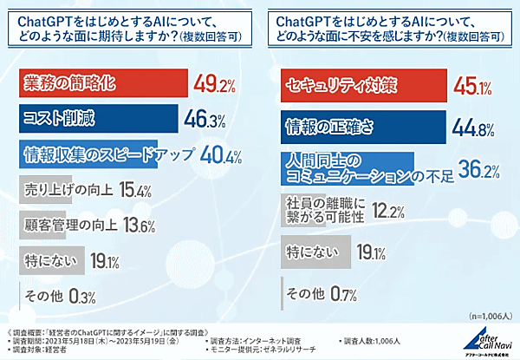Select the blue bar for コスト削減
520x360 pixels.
point(95,118)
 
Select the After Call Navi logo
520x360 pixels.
point(484,340)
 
